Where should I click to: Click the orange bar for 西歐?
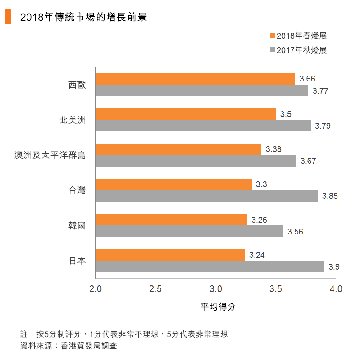pyautogui.click(x=195, y=79)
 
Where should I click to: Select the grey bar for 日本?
pyautogui.click(x=210, y=266)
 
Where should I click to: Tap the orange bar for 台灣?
pyautogui.click(x=173, y=184)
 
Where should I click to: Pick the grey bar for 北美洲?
pyautogui.click(x=203, y=126)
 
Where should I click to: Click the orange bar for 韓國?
pyautogui.click(x=171, y=220)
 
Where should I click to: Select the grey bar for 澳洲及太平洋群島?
pyautogui.click(x=196, y=161)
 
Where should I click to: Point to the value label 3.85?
pyautogui.click(x=330, y=197)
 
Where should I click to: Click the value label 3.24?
pyautogui.click(x=257, y=255)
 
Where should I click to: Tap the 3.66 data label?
pyautogui.click(x=307, y=79)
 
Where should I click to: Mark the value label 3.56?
pyautogui.click(x=295, y=232)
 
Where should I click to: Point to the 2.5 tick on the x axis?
pyautogui.click(x=155, y=288)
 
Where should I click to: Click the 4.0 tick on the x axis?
pyautogui.click(x=336, y=288)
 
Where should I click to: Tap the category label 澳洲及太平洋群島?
pyautogui.click(x=50, y=156)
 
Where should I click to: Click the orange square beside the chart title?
pyautogui.click(x=8, y=17)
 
